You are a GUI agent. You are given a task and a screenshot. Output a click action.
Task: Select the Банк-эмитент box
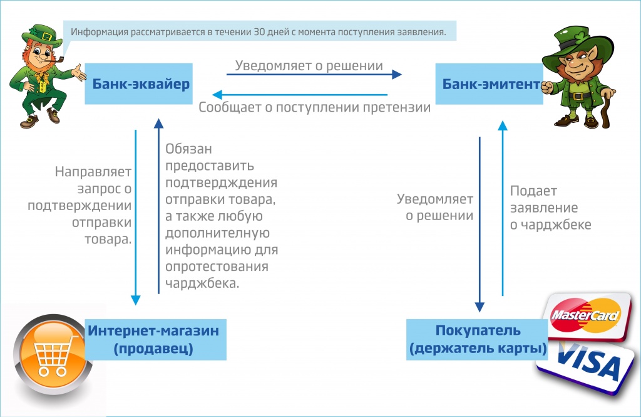coord(491,84)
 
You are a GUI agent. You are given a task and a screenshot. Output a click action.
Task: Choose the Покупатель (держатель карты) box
coord(477,339)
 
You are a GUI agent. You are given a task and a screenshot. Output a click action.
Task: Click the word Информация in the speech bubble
coord(100,33)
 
